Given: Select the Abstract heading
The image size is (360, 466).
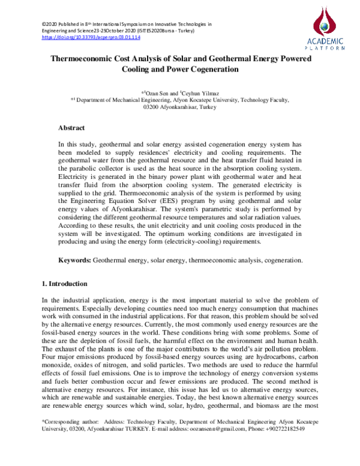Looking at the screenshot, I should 71,128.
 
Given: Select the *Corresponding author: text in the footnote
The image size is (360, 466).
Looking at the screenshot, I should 64,438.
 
